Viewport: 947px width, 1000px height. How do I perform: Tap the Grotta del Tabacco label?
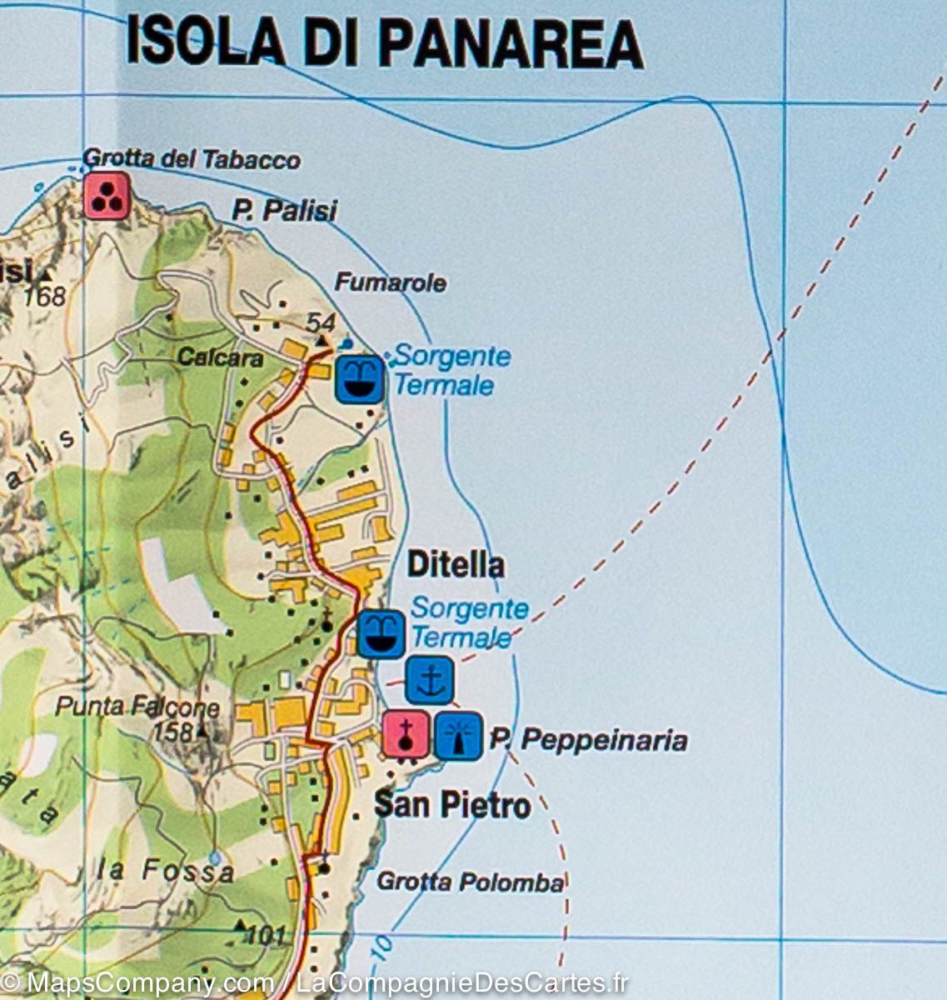point(192,159)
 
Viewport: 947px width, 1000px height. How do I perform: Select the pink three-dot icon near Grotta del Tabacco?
point(107,196)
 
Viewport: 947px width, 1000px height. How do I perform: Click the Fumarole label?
point(390,283)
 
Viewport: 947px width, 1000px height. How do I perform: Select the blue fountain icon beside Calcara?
point(360,380)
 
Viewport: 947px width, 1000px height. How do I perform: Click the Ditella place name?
point(456,565)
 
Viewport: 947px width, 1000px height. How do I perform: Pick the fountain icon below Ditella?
point(381,633)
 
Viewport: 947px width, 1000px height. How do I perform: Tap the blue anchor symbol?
point(430,680)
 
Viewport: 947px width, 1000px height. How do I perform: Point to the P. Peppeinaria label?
point(588,740)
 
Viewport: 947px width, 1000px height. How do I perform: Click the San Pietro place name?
point(452,805)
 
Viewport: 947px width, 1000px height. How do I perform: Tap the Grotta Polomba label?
point(471,882)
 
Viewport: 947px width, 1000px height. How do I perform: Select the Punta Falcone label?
point(137,708)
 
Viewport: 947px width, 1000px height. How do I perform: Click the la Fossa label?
point(166,872)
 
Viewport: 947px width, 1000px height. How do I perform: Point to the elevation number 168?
point(44,296)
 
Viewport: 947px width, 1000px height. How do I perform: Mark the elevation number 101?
point(266,936)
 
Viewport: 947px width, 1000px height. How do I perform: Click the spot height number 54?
point(320,322)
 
